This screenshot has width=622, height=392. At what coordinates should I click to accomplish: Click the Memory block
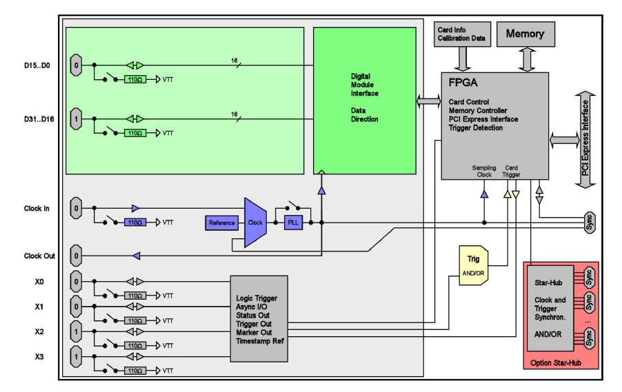(x=525, y=34)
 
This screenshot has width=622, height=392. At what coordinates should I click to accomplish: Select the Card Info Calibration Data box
(x=461, y=34)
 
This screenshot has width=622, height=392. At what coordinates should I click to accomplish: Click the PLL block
(x=292, y=223)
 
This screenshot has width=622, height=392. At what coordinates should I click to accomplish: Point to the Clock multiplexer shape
(x=254, y=223)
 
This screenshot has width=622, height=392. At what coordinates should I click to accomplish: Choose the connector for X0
(x=76, y=282)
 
